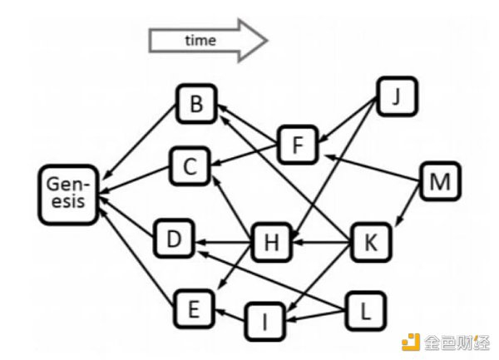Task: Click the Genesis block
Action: point(68,195)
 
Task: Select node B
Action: point(196,104)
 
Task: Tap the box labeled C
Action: point(190,166)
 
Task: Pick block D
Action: point(174,238)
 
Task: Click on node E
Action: point(194,308)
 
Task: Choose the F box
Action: point(298,145)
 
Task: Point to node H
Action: point(271,242)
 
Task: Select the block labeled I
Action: point(264,322)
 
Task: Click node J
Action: point(397,96)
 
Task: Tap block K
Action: point(371,242)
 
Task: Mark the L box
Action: point(365,311)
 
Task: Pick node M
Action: point(440,181)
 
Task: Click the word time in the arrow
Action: point(200,41)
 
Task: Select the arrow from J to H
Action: point(333,169)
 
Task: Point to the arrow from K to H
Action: point(321,242)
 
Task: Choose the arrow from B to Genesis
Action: point(141,141)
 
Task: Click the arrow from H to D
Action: point(223,243)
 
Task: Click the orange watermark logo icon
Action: point(411,342)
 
